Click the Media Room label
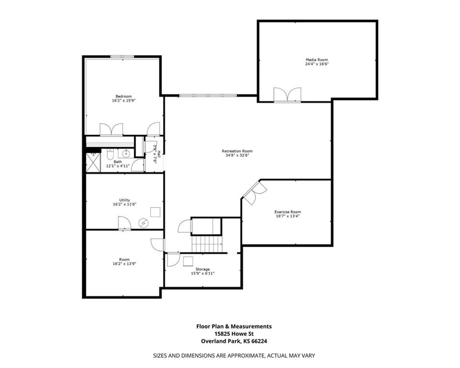point(317,59)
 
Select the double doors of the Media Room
point(287,95)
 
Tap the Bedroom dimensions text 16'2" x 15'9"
point(123,101)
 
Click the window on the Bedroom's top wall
point(122,57)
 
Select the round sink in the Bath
point(126,154)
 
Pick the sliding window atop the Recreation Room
point(207,96)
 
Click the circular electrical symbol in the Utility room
point(143,222)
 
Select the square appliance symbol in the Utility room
point(155,212)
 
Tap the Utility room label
point(124,200)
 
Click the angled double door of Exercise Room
point(254,191)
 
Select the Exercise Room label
point(287,211)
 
